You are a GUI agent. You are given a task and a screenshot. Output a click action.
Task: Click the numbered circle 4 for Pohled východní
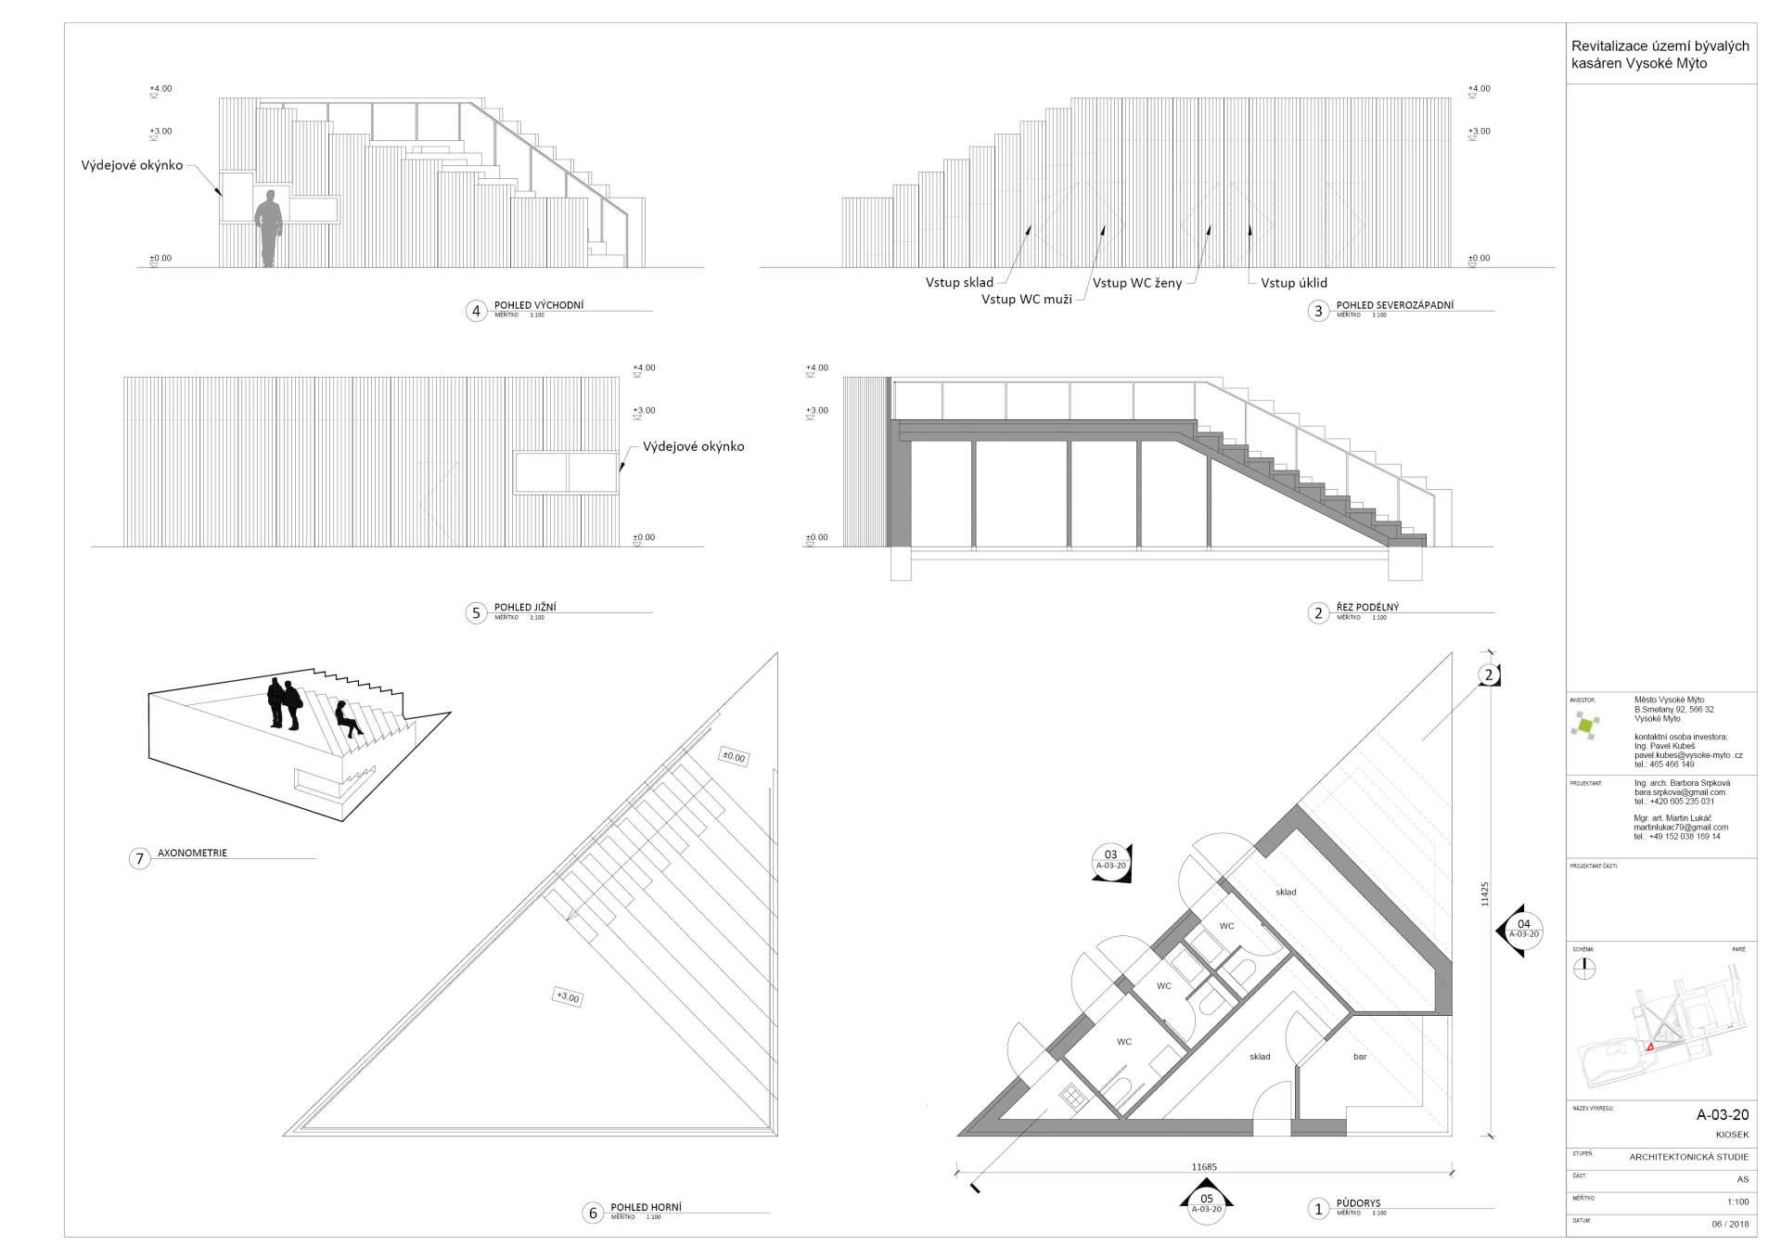coord(476,311)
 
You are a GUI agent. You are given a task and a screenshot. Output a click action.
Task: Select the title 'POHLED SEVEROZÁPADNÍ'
coord(1394,305)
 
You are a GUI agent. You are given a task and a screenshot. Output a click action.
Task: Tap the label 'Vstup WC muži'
coord(1026,299)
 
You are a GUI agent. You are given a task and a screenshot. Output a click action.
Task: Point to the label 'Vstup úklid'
coord(1293,282)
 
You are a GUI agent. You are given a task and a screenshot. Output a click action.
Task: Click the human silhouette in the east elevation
coord(269,228)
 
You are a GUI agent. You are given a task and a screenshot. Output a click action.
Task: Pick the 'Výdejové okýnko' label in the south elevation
coord(693,446)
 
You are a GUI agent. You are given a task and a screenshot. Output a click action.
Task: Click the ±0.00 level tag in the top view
coord(733,756)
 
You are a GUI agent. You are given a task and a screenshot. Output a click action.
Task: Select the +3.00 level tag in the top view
coord(567,997)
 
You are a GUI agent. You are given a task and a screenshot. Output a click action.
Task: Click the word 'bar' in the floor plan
coord(1360,1057)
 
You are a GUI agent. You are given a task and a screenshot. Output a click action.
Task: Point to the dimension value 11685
coord(1204,1167)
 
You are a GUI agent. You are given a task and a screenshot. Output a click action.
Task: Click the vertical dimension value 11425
coord(1484,893)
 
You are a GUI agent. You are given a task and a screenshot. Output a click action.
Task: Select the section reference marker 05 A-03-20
coord(1206,1202)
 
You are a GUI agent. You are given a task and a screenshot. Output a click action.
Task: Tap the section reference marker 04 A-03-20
coord(1523,929)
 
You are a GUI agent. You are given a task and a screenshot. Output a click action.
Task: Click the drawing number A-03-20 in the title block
coord(1722,1115)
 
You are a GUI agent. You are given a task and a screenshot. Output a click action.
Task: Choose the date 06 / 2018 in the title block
coord(1730,1224)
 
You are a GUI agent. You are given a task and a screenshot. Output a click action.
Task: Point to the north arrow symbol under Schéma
coord(1585,969)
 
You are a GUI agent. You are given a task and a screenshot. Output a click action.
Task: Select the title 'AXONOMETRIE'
coord(192,853)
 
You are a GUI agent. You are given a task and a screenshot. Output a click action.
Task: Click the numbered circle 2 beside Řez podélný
coord(1318,613)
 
